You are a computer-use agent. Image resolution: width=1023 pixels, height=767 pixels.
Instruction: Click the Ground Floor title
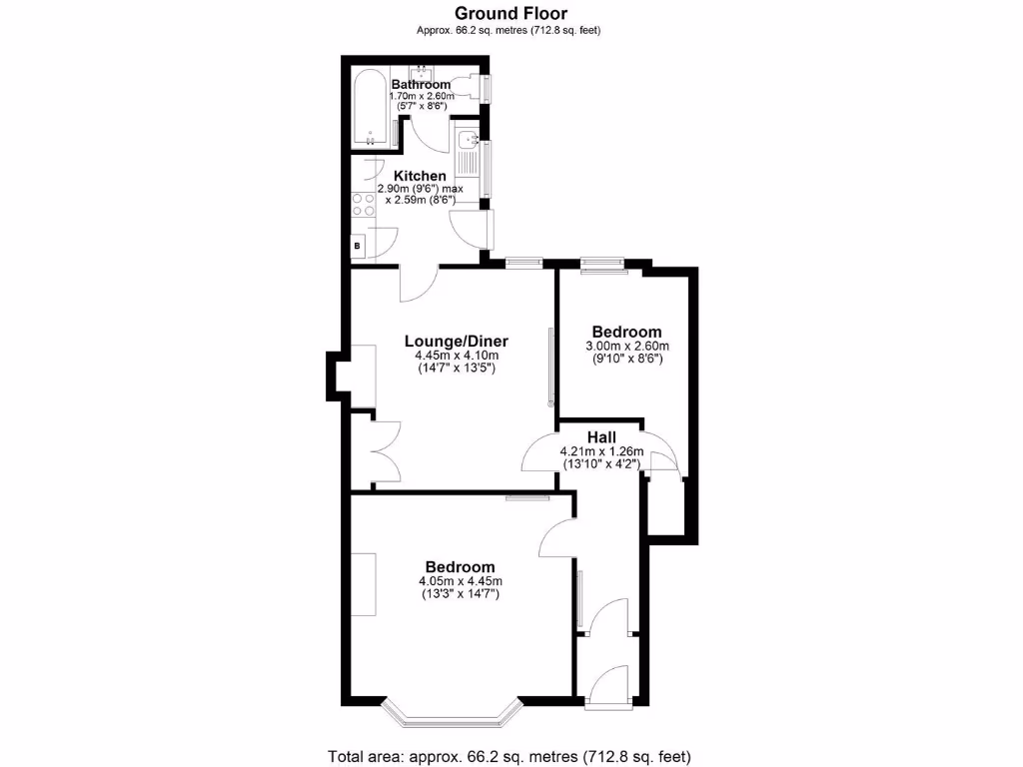coord(511,13)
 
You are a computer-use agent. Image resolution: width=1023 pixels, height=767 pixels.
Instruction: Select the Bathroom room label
coord(421,84)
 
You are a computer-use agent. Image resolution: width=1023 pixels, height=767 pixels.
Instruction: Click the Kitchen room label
coord(420,176)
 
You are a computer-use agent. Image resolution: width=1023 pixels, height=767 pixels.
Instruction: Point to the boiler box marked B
coord(358,245)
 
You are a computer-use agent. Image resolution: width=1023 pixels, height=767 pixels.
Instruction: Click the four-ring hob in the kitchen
coord(364,205)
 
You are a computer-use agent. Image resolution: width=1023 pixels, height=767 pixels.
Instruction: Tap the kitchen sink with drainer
coord(468,155)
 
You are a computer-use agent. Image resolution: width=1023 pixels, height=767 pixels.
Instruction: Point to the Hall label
coord(600,436)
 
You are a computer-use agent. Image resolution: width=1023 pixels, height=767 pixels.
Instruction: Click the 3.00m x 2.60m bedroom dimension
coord(626,347)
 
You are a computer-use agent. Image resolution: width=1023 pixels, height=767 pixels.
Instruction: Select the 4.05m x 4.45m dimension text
coord(460,581)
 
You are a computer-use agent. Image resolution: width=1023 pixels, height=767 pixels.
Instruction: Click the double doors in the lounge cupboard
coord(385,453)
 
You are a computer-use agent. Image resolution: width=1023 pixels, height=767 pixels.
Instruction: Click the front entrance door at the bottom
coord(608,688)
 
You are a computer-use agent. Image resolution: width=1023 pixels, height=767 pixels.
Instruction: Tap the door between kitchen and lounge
coord(418,282)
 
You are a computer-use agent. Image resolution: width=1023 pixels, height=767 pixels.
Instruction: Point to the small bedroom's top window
coord(603,264)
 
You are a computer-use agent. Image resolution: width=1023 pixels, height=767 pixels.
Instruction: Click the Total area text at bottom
coord(510,755)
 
